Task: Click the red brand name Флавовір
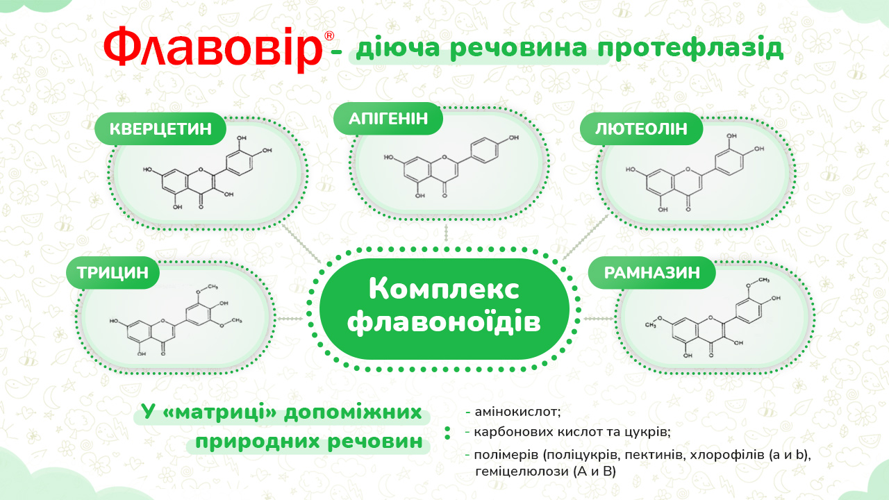[213, 49]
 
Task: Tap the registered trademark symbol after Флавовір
[329, 35]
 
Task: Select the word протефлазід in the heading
[690, 49]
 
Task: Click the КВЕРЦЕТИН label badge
[160, 129]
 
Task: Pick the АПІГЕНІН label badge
[388, 119]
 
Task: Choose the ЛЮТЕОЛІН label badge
[641, 129]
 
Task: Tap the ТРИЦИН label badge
[113, 273]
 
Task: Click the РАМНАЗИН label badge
[651, 273]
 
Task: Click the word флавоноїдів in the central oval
[444, 322]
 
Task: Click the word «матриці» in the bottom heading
[219, 412]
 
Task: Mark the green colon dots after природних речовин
[448, 433]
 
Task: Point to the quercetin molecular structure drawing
[208, 173]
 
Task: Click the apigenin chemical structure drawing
[451, 166]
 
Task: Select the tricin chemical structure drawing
[176, 320]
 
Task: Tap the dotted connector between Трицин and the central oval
[290, 319]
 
